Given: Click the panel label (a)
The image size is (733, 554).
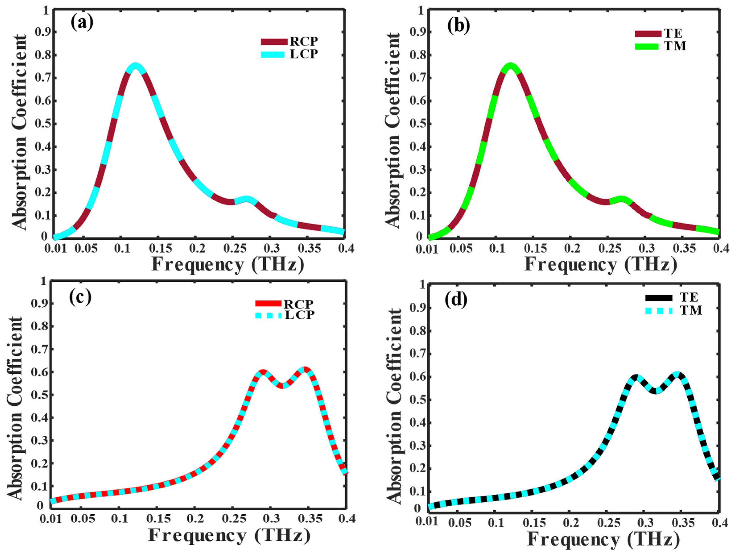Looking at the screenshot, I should (82, 23).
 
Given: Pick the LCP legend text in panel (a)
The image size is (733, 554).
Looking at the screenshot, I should (304, 54).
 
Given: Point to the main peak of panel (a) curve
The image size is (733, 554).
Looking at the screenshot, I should (135, 66).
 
